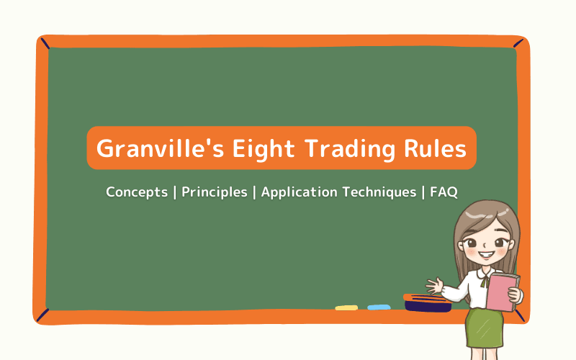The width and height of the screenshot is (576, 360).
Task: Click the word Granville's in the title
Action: coord(149,149)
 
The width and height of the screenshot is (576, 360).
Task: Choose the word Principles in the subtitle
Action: coord(213,192)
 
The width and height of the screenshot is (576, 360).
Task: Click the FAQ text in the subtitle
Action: coord(444,192)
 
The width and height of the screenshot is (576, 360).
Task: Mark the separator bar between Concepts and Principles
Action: coord(175,192)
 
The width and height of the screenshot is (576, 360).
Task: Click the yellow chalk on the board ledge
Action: coord(346,307)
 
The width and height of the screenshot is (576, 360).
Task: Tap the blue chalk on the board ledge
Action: coord(379,307)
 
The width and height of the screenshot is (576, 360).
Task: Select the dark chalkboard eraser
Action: coord(428,304)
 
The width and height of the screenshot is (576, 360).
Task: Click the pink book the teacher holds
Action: coord(502,291)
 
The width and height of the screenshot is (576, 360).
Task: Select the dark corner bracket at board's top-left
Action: coord(45,45)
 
